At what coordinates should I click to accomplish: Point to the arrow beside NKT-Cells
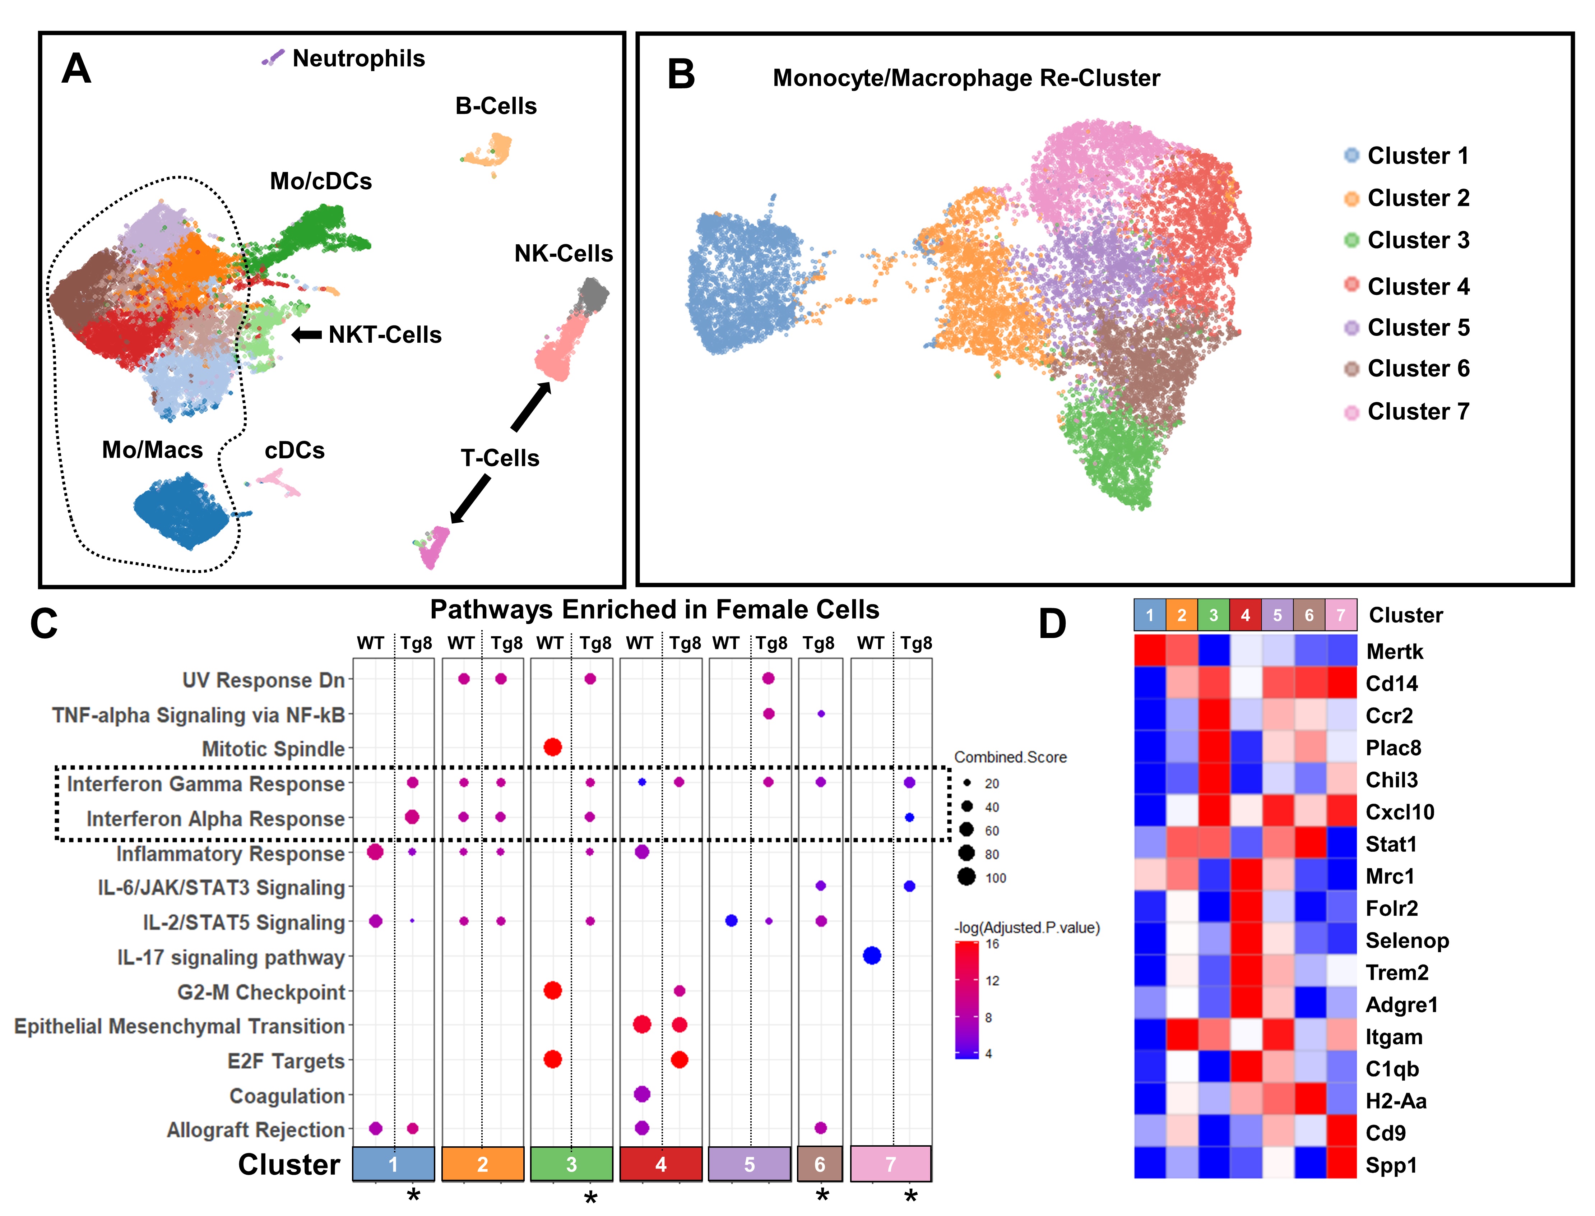307,334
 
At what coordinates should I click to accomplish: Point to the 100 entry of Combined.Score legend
980,878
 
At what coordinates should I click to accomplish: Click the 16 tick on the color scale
992,944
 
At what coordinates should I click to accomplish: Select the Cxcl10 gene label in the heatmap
1400,812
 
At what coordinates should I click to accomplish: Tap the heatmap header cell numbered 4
1246,615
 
